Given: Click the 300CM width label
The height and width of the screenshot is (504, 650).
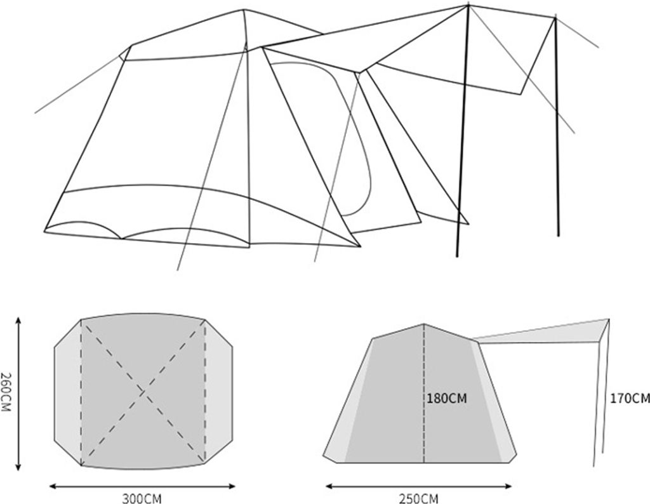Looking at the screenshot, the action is [x=142, y=498].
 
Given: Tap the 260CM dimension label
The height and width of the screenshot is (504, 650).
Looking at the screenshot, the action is [x=6, y=392].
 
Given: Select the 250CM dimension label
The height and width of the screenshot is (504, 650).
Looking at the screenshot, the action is [x=418, y=498].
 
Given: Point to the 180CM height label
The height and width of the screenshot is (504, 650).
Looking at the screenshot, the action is [x=447, y=399].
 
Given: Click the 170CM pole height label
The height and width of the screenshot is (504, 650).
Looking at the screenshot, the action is [x=630, y=399].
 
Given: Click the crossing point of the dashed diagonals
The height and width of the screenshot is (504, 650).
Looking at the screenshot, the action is [x=143, y=392].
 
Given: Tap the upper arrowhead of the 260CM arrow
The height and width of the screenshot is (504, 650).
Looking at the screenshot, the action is [x=18, y=321].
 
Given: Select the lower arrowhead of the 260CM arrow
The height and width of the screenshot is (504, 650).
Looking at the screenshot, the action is [x=18, y=467].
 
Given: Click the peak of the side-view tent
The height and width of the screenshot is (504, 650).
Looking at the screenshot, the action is [x=423, y=324].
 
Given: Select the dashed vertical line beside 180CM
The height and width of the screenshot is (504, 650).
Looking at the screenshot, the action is [x=423, y=393].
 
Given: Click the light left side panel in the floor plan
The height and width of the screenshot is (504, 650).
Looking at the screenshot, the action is [x=67, y=392].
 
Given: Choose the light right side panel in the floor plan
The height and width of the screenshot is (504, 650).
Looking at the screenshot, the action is [x=218, y=392].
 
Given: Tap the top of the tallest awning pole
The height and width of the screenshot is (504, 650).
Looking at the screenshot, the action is [x=468, y=6].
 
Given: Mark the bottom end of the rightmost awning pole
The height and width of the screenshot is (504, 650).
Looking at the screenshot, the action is [x=559, y=236].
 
